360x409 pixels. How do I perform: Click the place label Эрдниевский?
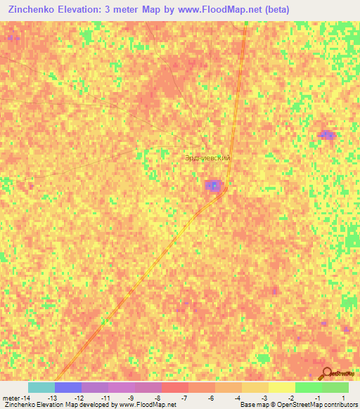pyautogui.click(x=207, y=158)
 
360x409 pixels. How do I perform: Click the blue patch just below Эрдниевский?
pyautogui.click(x=213, y=186)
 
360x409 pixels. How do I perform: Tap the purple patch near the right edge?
pyautogui.click(x=326, y=134)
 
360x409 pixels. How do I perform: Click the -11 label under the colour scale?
pyautogui.click(x=105, y=398)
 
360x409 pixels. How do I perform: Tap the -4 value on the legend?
pyautogui.click(x=238, y=398)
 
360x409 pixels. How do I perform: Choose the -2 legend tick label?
pyautogui.click(x=291, y=398)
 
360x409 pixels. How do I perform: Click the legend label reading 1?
pyautogui.click(x=343, y=398)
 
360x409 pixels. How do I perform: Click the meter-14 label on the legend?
pyautogui.click(x=15, y=398)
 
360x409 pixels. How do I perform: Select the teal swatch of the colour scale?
pyautogui.click(x=41, y=387)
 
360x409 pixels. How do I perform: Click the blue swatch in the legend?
pyautogui.click(x=67, y=387)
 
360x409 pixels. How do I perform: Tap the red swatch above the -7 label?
pyautogui.click(x=174, y=387)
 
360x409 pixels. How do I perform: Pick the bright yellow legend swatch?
pyautogui.click(x=281, y=387)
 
